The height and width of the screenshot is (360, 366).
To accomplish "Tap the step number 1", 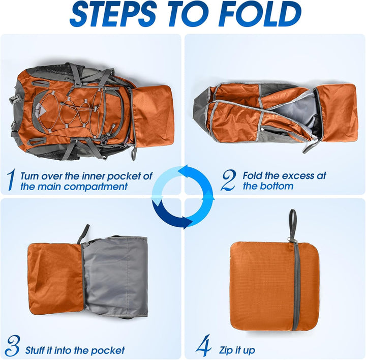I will pos(10,179).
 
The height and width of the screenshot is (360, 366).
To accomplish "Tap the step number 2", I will pos(228,179).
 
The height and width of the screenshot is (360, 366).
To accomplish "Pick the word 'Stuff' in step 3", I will pos(36,350).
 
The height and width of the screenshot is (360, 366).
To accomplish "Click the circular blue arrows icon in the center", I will pos(182,196).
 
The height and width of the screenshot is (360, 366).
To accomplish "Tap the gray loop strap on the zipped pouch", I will pos(293,224).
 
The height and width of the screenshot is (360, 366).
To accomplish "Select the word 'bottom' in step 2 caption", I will pos(275,186).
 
